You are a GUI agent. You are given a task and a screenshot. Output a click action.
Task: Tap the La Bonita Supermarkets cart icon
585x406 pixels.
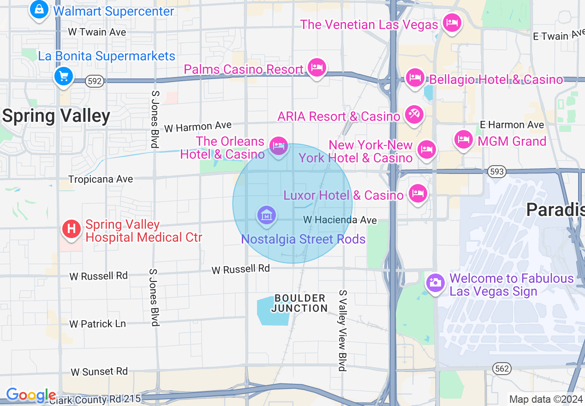pos(63,76)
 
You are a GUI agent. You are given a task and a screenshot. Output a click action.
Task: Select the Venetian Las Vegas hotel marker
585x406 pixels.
pos(451,23)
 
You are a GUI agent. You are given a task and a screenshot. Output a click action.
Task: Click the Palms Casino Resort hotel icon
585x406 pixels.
pos(317,67)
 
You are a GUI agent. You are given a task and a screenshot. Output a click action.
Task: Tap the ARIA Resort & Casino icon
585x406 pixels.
pos(413,114)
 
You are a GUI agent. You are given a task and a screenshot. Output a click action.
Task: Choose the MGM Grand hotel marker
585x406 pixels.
pos(463,139)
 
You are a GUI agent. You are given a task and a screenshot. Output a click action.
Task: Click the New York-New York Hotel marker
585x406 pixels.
pos(427,149)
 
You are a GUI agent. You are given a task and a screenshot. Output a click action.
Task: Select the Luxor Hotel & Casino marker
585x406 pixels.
pos(418,193)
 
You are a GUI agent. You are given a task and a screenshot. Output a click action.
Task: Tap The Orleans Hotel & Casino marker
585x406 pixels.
pos(279,146)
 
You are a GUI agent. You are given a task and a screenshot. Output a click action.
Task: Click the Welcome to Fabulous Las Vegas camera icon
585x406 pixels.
pos(435,282)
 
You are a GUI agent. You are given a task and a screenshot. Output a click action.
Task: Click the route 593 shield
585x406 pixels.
pos(496,172)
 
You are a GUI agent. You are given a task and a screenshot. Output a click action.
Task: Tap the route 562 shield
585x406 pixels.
pos(501,368)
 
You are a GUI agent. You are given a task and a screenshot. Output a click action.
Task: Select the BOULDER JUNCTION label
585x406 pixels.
pos(299,303)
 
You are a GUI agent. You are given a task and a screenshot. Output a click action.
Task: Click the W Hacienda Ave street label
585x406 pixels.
pos(340,220)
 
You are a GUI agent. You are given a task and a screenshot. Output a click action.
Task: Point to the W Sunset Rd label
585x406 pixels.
pos(99,371)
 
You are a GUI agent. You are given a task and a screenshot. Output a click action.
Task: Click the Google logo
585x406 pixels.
pos(31,395)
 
